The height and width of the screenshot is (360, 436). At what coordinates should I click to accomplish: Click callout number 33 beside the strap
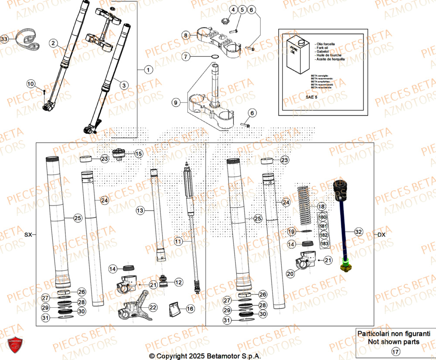coord(4,39)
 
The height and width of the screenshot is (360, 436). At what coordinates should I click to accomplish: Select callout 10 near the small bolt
coord(31,84)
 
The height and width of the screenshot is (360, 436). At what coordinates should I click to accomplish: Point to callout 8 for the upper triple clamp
coord(186,35)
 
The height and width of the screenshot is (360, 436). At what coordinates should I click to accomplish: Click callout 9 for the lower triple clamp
coord(176,103)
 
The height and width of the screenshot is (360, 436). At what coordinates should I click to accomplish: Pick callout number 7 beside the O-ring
coord(186,57)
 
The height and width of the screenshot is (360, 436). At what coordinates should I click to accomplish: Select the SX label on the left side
coord(28,235)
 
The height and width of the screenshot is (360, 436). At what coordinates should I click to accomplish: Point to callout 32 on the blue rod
coord(358,231)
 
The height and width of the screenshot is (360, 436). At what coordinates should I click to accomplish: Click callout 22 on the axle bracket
coord(153,307)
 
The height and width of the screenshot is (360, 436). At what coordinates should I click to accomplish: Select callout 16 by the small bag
coord(190,309)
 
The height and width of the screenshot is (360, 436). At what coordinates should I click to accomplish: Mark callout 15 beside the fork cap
coord(138,153)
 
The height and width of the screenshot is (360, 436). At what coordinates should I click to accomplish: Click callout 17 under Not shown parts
coord(395,351)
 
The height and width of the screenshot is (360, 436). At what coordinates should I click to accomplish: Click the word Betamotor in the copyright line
coord(221,356)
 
